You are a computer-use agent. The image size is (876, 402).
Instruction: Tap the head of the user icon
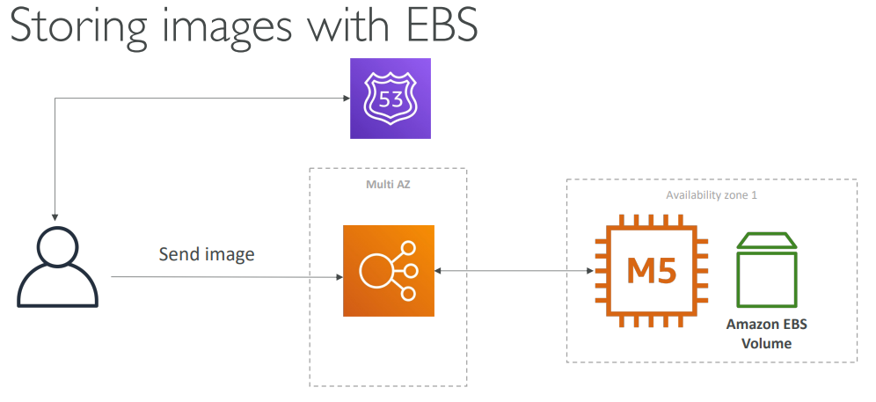58,247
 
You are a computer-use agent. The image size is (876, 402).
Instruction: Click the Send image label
207,255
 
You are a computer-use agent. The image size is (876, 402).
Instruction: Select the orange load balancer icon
388,271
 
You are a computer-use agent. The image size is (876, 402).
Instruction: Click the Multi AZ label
387,185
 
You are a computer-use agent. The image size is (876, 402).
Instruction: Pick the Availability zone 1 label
712,195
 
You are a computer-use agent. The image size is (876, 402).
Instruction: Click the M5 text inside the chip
652,271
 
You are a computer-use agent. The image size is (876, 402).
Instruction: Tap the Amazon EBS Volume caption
766,334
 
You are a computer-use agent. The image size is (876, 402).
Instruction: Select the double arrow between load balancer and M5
514,272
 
